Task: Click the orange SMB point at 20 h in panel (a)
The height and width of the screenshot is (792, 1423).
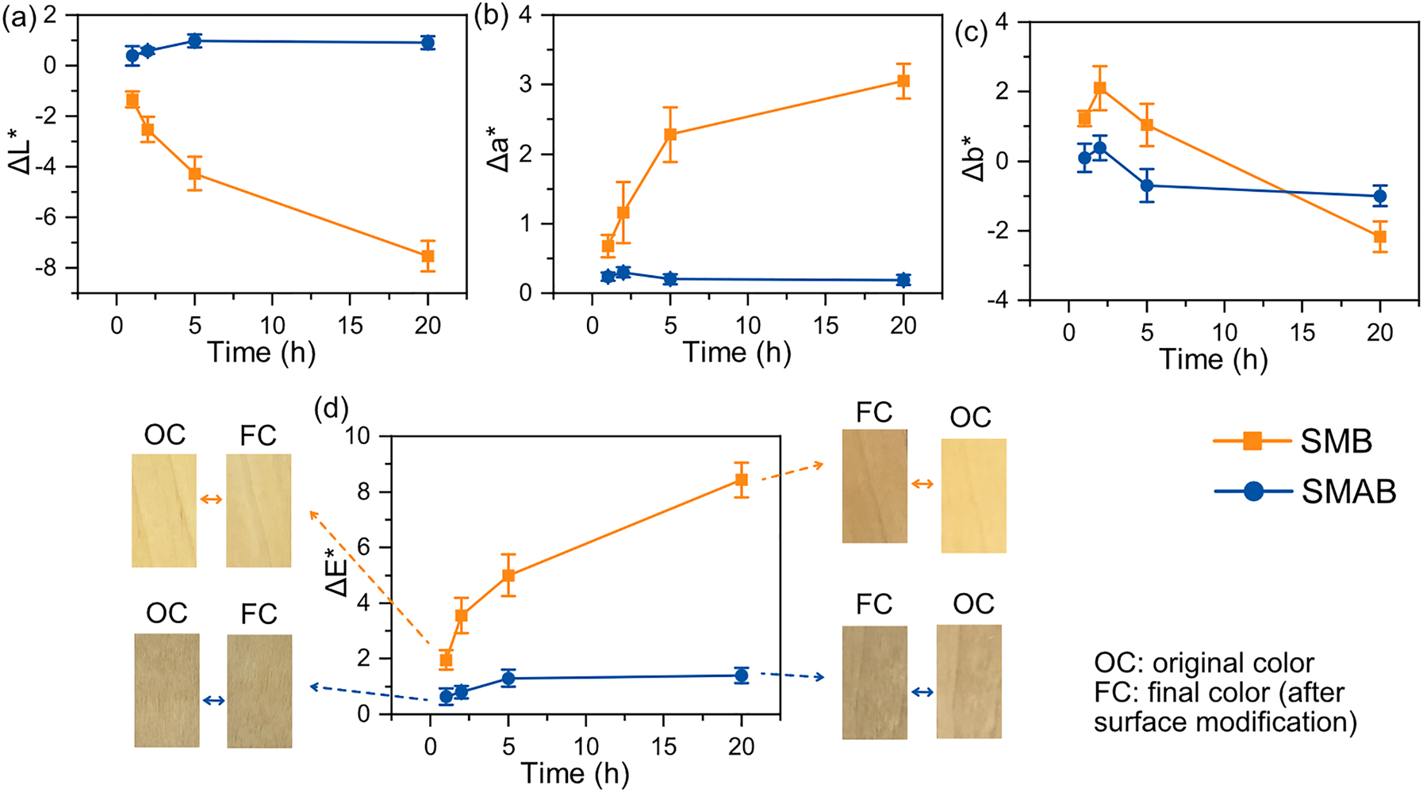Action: pyautogui.click(x=428, y=255)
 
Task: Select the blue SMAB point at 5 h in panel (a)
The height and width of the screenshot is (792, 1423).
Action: pyautogui.click(x=194, y=40)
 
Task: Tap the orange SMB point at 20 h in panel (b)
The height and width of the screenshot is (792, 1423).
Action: pyautogui.click(x=903, y=81)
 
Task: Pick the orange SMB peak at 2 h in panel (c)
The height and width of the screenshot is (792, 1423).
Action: pyautogui.click(x=1099, y=88)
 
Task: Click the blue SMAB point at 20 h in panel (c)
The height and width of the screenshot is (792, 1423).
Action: pyautogui.click(x=1379, y=196)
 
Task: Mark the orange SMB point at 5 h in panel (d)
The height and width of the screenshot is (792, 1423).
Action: pyautogui.click(x=508, y=575)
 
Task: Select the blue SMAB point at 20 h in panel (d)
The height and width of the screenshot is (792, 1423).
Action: pyautogui.click(x=741, y=675)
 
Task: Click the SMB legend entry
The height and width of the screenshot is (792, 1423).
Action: pyautogui.click(x=1293, y=442)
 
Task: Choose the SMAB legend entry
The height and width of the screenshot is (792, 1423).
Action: pyautogui.click(x=1305, y=492)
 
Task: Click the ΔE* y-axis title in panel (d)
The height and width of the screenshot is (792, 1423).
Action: pyautogui.click(x=337, y=572)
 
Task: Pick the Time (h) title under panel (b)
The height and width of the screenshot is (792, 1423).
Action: pyautogui.click(x=737, y=352)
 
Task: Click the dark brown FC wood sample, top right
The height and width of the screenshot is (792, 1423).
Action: pyautogui.click(x=874, y=486)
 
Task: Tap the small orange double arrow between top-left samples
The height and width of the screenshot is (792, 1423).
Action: pyautogui.click(x=211, y=499)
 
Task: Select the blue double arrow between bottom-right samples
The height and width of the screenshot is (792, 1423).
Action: pyautogui.click(x=922, y=692)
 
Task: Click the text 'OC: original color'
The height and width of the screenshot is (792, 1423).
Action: pyautogui.click(x=1203, y=663)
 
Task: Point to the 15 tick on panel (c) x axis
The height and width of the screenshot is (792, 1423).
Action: pyautogui.click(x=1302, y=332)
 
